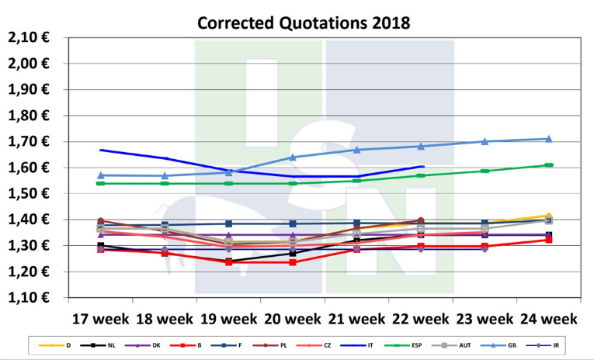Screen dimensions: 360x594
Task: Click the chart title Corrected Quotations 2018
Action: pyautogui.click(x=304, y=22)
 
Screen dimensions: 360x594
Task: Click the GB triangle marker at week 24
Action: pyautogui.click(x=548, y=139)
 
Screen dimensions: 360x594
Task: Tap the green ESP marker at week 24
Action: pyautogui.click(x=548, y=165)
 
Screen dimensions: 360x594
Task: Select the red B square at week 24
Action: pyautogui.click(x=548, y=240)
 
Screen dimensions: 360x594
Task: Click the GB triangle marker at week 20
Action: pyautogui.click(x=293, y=157)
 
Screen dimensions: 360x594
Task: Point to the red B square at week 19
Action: pyautogui.click(x=229, y=262)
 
